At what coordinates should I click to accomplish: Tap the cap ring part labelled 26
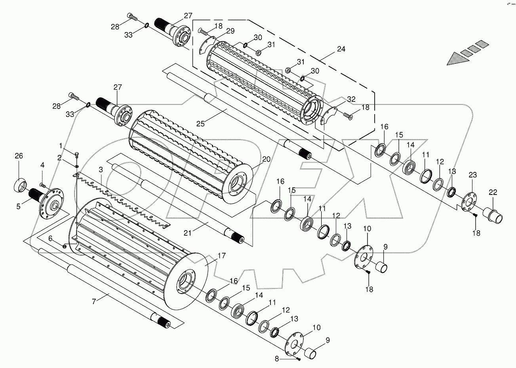click(x=20, y=185)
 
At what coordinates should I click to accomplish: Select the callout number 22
click(x=493, y=193)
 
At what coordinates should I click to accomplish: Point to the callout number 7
click(x=94, y=302)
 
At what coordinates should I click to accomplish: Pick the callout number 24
click(x=341, y=50)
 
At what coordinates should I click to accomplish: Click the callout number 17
click(x=221, y=256)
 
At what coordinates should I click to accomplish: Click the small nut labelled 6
click(x=64, y=246)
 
